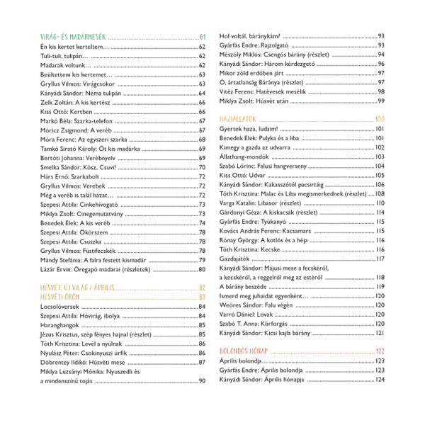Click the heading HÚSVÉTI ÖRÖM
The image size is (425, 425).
tap(57, 296)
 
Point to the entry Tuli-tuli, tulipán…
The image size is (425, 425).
tap(64, 57)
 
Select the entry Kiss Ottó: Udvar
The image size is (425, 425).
tap(243, 175)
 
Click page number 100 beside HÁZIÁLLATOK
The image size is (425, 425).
tap(379, 118)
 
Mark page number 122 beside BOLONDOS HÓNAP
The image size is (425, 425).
tap(380, 351)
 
